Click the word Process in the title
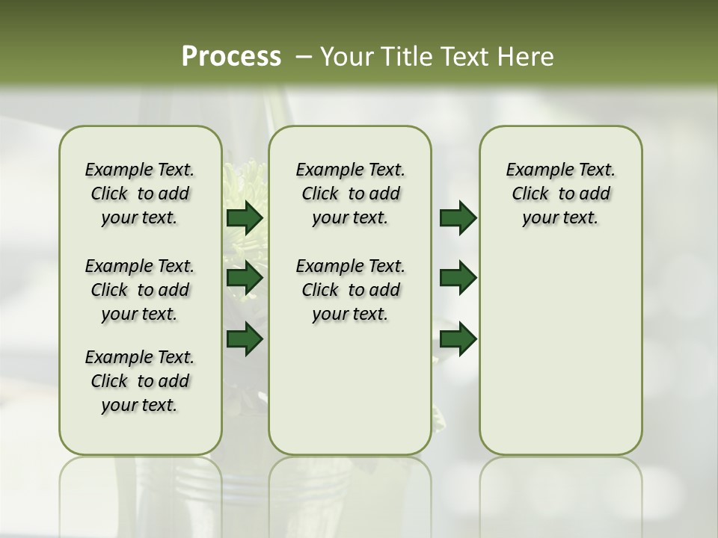pos(231,57)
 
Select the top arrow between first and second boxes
pos(245,218)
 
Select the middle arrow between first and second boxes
pos(245,278)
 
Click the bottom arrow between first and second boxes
pos(245,338)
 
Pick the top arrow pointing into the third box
pos(458,218)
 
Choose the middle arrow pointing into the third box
pos(458,278)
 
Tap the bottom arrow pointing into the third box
pos(458,338)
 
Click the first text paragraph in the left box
pos(140,194)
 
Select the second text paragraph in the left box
pos(140,290)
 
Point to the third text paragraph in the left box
pos(140,381)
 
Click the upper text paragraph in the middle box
pos(350,194)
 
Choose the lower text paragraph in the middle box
pos(350,290)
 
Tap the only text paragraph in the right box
pos(560,194)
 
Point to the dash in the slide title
pos(304,57)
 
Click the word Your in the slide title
pos(345,57)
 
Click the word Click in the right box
pos(530,194)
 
